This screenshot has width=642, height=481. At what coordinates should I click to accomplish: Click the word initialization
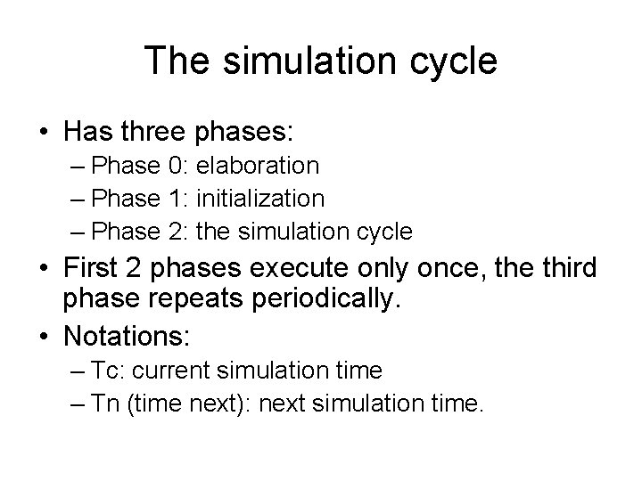260,199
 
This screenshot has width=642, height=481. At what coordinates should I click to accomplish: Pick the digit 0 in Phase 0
173,166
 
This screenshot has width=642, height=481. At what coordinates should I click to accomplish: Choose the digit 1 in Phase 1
173,199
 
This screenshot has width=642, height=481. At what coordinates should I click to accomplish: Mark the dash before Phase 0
78,167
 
